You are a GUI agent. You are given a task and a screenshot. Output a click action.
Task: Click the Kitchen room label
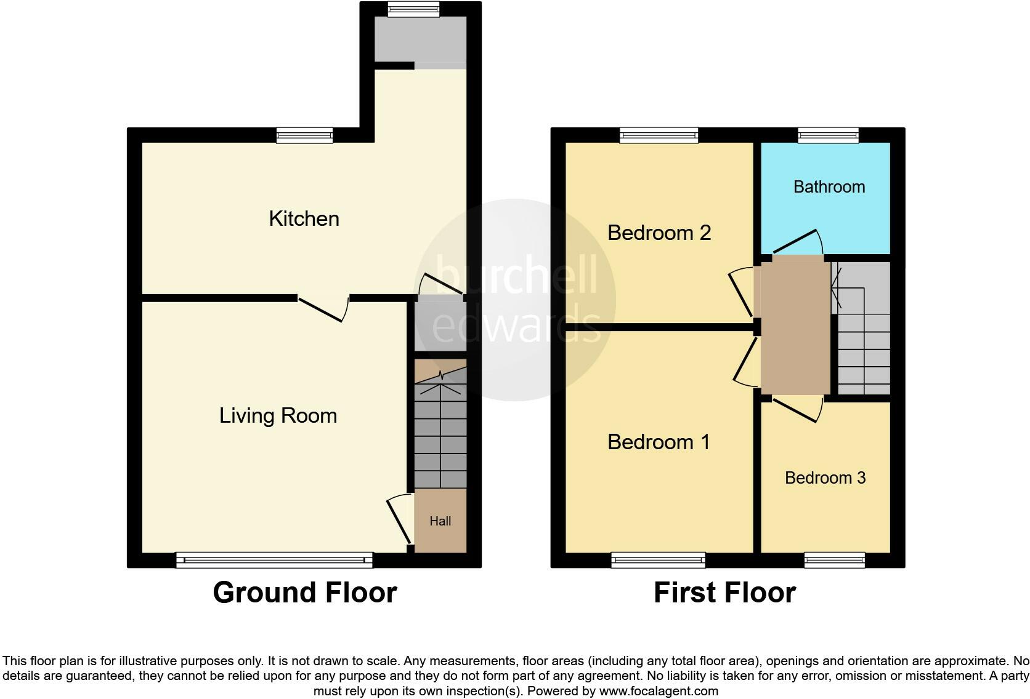pyautogui.click(x=304, y=219)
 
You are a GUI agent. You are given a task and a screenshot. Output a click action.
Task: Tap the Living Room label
pyautogui.click(x=278, y=416)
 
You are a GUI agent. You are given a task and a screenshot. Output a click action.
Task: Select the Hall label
pyautogui.click(x=440, y=521)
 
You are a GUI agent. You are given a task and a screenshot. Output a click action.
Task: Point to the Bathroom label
pyautogui.click(x=829, y=187)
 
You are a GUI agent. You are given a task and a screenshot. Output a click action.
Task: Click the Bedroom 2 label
pyautogui.click(x=659, y=233)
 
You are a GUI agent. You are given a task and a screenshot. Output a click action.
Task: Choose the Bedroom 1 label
pyautogui.click(x=659, y=442)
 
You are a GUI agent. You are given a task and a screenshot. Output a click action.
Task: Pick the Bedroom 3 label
pyautogui.click(x=825, y=478)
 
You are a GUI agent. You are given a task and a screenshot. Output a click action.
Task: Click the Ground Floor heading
pyautogui.click(x=304, y=593)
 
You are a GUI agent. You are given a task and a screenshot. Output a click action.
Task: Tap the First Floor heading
pyautogui.click(x=724, y=593)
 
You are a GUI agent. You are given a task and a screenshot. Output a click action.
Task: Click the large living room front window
pyautogui.click(x=274, y=560)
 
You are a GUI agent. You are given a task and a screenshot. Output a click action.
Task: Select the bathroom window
pyautogui.click(x=828, y=135)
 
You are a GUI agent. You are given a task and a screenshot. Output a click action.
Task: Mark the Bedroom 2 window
pyautogui.click(x=659, y=135)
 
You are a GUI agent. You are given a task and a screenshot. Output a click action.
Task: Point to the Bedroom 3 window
pyautogui.click(x=834, y=560)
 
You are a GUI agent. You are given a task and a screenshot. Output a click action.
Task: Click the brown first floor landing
pyautogui.click(x=795, y=326)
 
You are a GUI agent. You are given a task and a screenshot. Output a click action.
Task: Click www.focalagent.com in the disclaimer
pyautogui.click(x=659, y=691)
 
